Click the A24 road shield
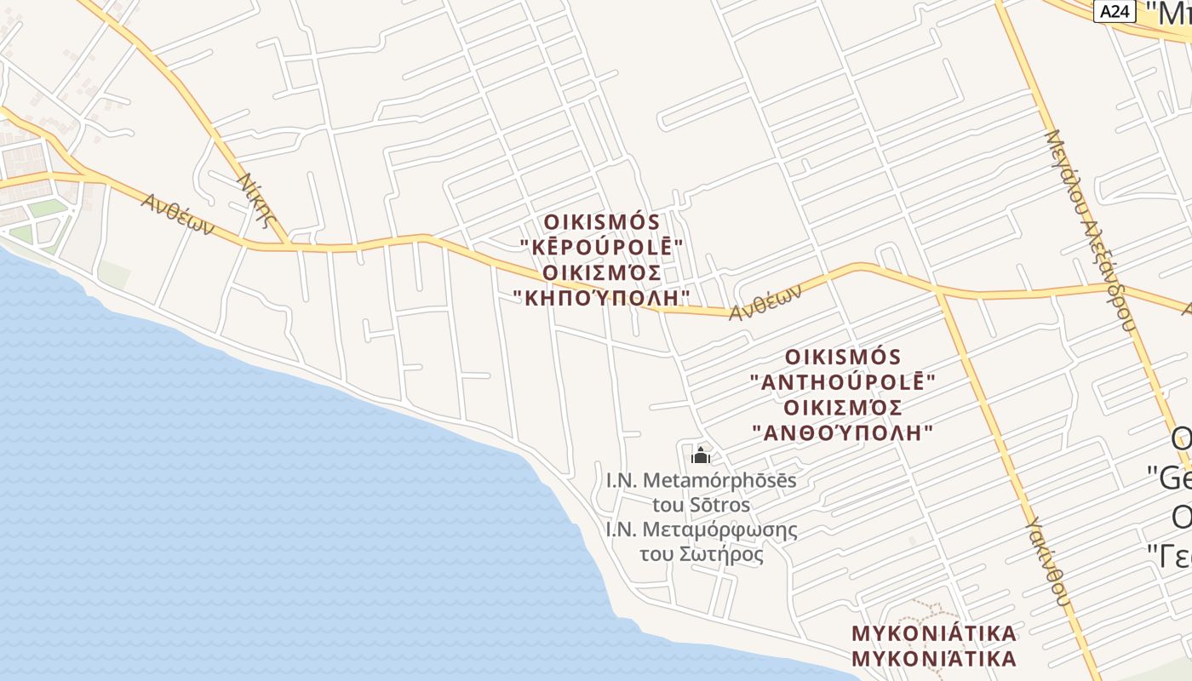[1115, 11]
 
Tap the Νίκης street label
[257, 201]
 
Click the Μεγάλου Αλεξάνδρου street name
[1091, 230]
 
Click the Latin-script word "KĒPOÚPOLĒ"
[602, 247]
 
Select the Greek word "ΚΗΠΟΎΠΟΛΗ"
[602, 298]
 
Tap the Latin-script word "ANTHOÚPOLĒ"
[843, 381]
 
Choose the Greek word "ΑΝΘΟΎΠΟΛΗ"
[843, 432]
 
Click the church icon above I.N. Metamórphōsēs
[701, 455]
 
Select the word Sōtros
[725, 505]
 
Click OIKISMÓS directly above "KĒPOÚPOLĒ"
[602, 222]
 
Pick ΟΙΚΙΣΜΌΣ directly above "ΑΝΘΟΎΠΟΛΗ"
[843, 407]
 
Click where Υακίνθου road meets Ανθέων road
[939, 291]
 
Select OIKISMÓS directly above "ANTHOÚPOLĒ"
[843, 356]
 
